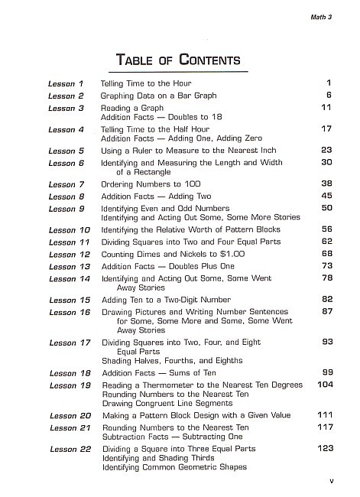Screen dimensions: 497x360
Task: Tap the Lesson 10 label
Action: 68,229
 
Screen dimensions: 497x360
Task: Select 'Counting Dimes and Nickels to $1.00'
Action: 175,253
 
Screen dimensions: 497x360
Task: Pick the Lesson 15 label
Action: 68,300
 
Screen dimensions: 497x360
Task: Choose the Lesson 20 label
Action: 68,415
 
